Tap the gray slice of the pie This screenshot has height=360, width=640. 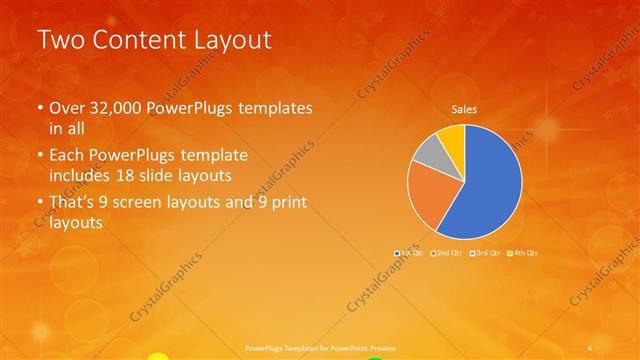[426, 154]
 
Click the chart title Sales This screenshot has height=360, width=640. [464, 109]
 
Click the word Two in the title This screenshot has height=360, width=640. [59, 41]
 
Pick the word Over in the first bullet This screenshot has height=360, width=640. [69, 108]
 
